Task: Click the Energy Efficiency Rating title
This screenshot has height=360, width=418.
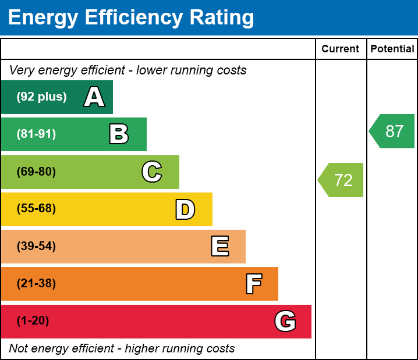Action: (131, 18)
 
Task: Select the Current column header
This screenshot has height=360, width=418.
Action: (341, 49)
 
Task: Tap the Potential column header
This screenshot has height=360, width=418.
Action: (392, 49)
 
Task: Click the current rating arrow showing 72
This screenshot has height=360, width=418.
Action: (342, 180)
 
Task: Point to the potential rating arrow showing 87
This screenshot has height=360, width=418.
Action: (393, 131)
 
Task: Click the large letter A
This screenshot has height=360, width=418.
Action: (94, 97)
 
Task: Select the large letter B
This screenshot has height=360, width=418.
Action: (119, 134)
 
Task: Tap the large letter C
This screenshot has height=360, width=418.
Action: (152, 172)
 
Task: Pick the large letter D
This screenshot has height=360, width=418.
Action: (185, 209)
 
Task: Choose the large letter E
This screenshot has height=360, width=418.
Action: (219, 247)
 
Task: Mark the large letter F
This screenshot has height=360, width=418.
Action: (253, 284)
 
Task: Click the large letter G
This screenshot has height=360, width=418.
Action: (285, 321)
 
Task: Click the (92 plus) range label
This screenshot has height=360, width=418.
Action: (41, 97)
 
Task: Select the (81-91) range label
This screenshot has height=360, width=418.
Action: (36, 134)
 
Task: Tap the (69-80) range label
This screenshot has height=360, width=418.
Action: (36, 172)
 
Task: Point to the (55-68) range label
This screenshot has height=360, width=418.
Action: (36, 209)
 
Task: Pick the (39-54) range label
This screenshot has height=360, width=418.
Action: (36, 246)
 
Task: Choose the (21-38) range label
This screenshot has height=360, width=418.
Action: (36, 284)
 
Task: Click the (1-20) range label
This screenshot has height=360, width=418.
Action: (33, 321)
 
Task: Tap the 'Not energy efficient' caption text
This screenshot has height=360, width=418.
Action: (122, 349)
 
